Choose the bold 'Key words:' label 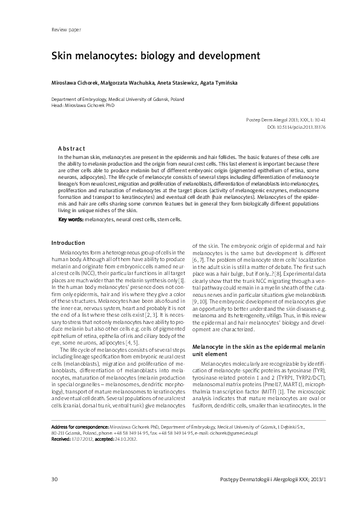(70, 219)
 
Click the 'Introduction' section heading (69, 243)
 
